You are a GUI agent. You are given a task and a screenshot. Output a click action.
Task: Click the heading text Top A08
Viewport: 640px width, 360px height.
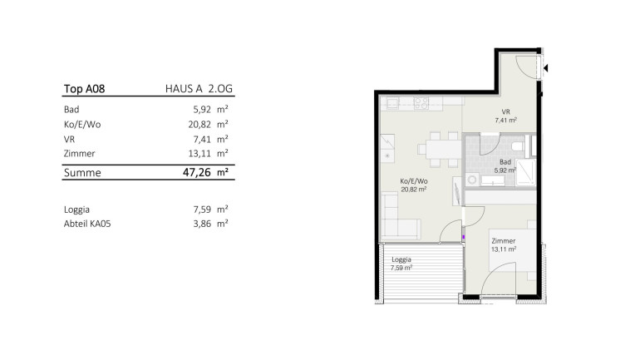[x=84, y=89]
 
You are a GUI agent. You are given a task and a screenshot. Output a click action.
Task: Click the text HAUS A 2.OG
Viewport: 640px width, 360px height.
[x=199, y=89]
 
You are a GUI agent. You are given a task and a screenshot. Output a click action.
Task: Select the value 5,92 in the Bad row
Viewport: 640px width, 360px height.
[x=202, y=110]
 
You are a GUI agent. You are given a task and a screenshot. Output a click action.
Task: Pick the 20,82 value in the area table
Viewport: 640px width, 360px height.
[x=199, y=125]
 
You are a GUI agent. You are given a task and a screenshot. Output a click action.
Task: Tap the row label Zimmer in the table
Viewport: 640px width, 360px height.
[x=79, y=154]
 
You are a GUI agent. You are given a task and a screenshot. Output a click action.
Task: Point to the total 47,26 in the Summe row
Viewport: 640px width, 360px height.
[x=197, y=172]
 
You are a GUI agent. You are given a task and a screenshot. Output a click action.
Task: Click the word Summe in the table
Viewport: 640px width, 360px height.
[x=82, y=173]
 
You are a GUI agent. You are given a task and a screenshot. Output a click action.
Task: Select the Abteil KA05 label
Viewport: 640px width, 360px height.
[x=87, y=224]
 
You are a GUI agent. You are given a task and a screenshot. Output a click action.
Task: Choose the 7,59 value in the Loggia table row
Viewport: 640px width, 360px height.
[x=202, y=210]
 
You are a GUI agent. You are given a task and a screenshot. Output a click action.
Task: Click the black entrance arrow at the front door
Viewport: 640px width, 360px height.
[x=546, y=68]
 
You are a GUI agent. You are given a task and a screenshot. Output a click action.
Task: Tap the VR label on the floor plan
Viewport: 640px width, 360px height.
[x=505, y=112]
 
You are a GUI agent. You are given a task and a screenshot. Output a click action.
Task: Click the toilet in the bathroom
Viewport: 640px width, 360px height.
[x=518, y=146]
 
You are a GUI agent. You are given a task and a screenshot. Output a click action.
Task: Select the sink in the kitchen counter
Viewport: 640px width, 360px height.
[x=392, y=103]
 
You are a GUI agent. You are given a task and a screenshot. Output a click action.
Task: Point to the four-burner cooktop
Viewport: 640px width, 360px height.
[x=421, y=103]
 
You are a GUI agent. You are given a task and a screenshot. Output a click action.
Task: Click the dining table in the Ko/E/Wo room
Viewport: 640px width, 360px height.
[x=442, y=150]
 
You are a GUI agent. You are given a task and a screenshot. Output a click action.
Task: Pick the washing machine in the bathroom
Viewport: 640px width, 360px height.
[x=473, y=180]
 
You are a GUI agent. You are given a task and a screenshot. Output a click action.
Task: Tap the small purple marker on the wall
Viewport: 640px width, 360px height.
[x=463, y=237]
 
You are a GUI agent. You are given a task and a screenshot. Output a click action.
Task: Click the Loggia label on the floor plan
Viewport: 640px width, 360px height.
[x=401, y=259]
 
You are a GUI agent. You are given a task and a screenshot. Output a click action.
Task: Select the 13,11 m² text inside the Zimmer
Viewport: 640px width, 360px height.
[x=504, y=249]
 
